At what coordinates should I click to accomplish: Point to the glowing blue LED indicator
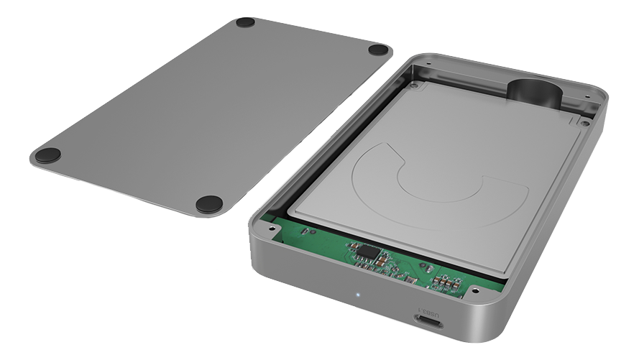click(x=358, y=294)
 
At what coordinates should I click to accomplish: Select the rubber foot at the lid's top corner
click(x=245, y=22)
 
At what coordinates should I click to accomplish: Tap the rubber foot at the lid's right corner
click(x=378, y=50)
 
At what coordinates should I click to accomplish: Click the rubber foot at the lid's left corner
click(x=48, y=155)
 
